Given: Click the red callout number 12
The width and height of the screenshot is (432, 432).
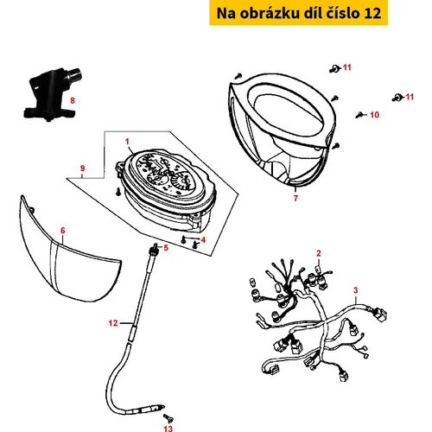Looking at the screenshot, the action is (113, 323).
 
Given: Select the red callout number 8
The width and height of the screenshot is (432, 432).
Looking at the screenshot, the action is (73, 100).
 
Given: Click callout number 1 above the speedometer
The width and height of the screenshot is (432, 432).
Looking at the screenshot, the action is (127, 142).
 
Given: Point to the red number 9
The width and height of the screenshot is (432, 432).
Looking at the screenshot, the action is (83, 168).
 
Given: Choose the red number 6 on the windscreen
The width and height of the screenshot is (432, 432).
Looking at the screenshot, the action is (63, 231).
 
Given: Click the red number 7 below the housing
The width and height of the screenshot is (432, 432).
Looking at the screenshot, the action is (295, 198).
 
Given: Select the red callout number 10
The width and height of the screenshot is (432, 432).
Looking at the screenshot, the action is (374, 115).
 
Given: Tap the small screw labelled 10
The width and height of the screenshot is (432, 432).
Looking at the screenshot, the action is (359, 115).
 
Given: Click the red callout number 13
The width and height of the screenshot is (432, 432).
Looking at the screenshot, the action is (168, 429).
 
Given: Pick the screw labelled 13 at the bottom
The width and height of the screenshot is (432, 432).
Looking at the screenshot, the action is (168, 417).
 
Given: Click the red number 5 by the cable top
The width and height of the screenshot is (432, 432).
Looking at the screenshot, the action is (166, 248).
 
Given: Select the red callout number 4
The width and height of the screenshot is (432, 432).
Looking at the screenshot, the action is (203, 239).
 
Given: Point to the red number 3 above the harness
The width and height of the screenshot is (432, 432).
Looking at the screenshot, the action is (356, 290).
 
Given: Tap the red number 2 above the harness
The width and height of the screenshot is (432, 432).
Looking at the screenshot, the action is (319, 253).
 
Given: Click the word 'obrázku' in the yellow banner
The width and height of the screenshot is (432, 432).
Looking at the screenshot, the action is (270, 13).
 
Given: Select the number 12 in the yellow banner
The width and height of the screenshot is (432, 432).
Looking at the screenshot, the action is (372, 13).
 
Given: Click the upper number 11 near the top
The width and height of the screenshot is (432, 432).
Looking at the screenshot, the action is (346, 67).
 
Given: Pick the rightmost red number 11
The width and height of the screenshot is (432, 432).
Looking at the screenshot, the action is (410, 97).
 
